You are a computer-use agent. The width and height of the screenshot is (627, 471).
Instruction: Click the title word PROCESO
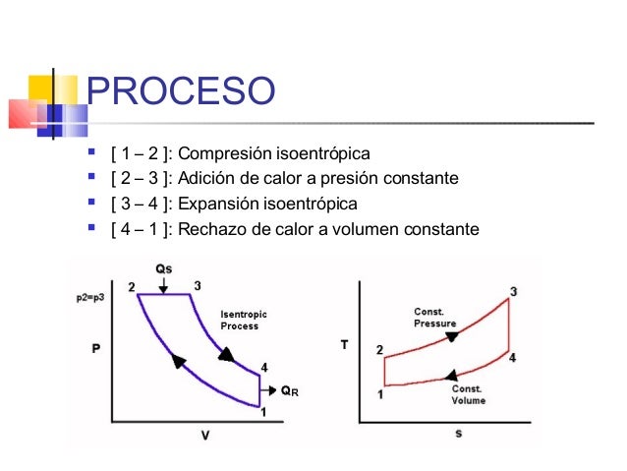[180, 92]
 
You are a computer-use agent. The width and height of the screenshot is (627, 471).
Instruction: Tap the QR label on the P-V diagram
[289, 390]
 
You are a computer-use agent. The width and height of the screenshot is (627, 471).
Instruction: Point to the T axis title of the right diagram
[345, 343]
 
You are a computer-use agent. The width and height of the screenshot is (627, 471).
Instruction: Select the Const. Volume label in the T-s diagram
[469, 394]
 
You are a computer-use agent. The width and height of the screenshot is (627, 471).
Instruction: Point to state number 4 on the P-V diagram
[263, 368]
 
